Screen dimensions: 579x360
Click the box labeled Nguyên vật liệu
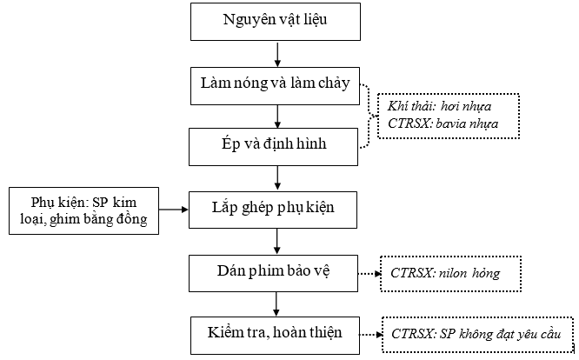276,22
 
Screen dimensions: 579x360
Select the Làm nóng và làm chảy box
275,86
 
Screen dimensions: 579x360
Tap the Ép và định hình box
273,147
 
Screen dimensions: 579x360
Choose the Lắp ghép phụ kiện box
273,210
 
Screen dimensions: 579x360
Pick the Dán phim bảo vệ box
273,273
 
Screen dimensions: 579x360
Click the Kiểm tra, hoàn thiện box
275,336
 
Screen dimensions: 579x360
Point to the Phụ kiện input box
83,210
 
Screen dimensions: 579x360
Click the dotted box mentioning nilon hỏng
451,274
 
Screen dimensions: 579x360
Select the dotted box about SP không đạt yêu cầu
477,335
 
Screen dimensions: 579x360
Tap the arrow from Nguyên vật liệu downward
277,54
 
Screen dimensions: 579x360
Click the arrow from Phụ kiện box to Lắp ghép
174,210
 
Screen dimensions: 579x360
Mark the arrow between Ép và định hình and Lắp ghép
277,178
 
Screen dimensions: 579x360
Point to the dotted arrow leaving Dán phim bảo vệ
369,274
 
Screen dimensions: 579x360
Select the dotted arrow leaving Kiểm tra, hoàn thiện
370,335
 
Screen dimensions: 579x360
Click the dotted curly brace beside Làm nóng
369,116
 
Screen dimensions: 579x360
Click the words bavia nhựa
467,123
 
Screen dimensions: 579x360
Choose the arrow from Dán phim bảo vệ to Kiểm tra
276,304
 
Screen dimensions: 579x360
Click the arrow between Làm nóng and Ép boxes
277,117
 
